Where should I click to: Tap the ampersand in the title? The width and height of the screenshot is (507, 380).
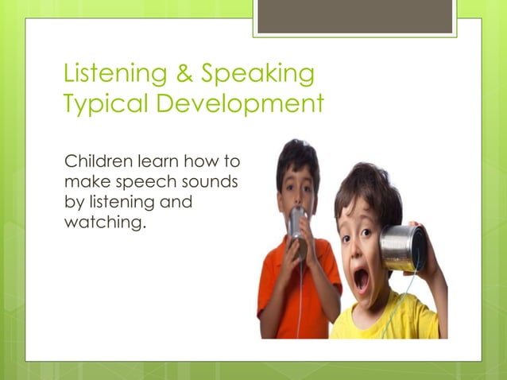click(182, 74)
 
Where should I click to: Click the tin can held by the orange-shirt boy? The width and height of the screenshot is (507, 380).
click(296, 222)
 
